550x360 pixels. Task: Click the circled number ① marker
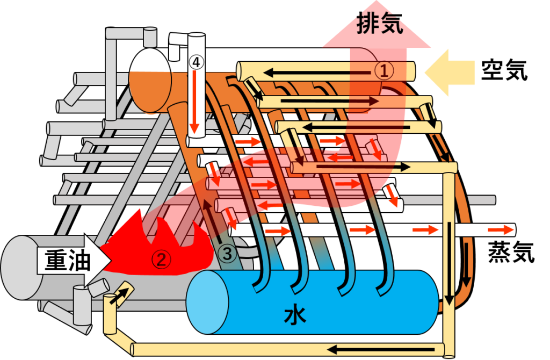384,70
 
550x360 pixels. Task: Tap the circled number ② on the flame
161,260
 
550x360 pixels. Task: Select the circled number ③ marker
227,254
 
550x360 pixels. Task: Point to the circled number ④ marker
196,62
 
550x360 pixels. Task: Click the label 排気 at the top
380,23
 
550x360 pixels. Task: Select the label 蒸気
511,252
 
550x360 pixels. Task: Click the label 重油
67,260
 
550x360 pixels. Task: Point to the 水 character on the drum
295,315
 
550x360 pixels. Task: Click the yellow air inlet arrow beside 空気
450,73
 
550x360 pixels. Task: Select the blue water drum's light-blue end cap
207,302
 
